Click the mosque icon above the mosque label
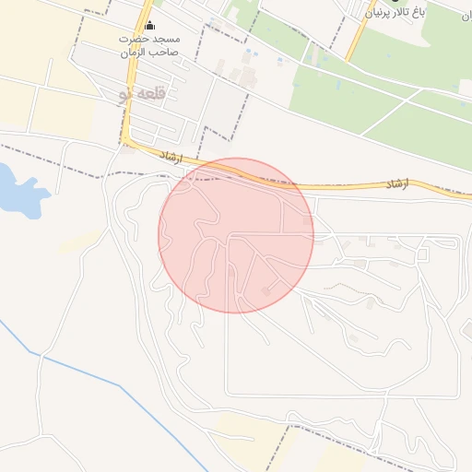pos(150,25)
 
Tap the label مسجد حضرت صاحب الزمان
pos(149,47)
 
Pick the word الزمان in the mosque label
pos(133,53)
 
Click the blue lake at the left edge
pos(18,191)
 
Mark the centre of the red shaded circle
pos(236,235)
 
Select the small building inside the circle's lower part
pos(267,291)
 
